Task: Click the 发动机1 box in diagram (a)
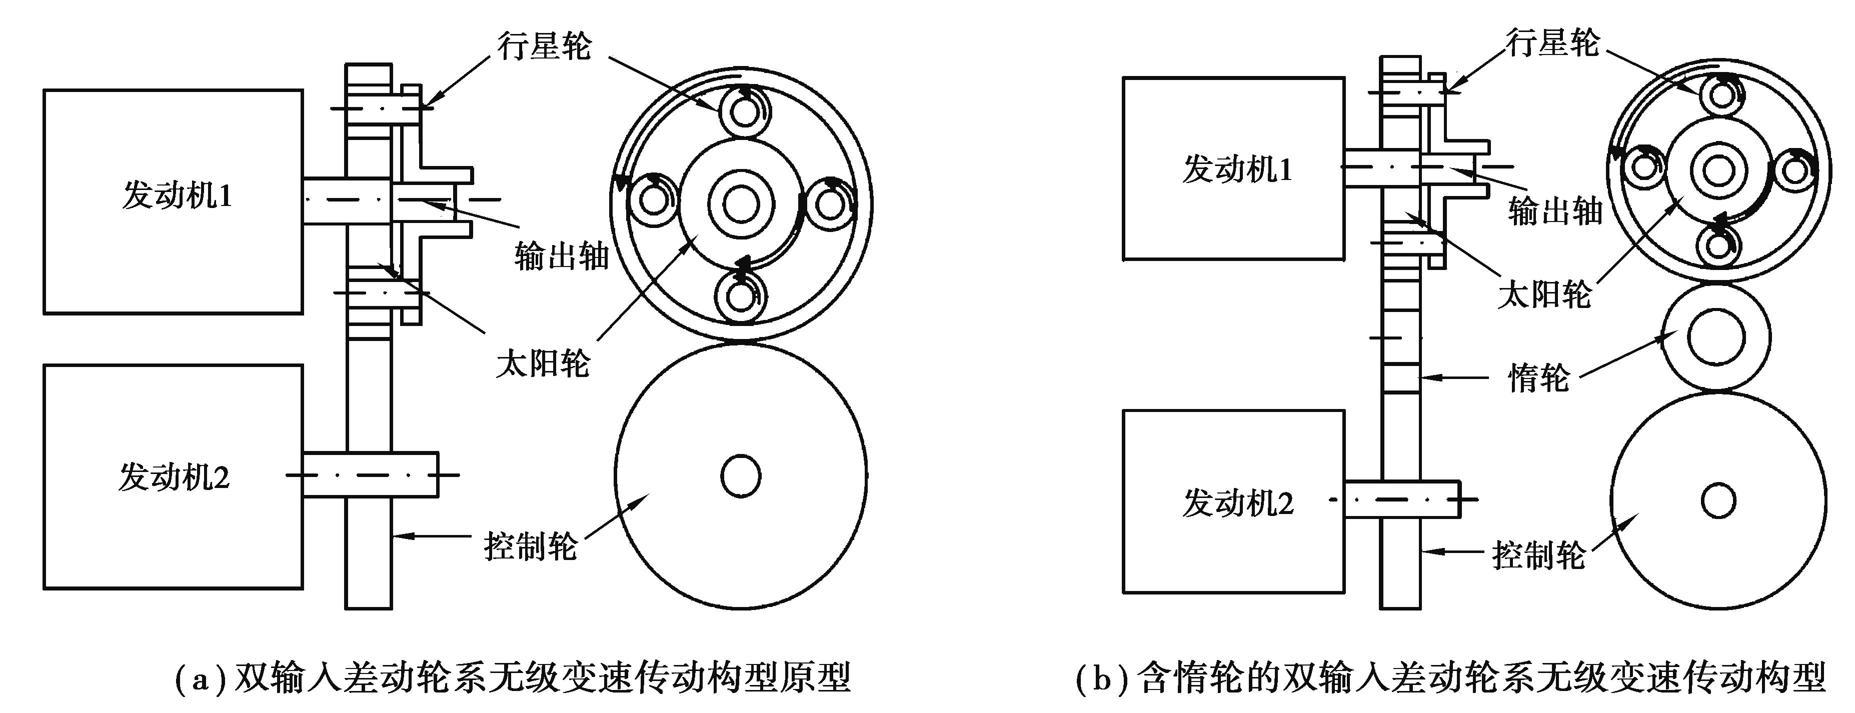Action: click(173, 201)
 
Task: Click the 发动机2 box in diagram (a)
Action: click(173, 477)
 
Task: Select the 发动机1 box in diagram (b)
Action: click(1233, 168)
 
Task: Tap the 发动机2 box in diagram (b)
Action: click(1233, 502)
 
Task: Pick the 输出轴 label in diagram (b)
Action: click(1555, 211)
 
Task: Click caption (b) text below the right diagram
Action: click(1450, 677)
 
